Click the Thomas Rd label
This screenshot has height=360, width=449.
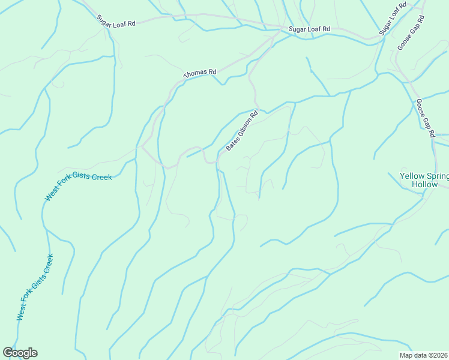(199, 73)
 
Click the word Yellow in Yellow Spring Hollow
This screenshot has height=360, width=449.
(414, 176)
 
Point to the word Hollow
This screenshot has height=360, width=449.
(425, 185)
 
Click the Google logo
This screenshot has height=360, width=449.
(20, 353)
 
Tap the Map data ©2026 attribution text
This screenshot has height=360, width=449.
(424, 355)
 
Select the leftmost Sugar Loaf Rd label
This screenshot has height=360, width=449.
(116, 20)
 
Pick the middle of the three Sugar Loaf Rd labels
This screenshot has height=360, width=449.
(309, 29)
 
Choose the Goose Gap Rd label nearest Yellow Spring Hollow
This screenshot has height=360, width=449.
(424, 118)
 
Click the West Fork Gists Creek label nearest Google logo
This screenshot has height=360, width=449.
(35, 287)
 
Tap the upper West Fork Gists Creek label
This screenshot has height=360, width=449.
(78, 187)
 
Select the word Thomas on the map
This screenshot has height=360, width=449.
(195, 73)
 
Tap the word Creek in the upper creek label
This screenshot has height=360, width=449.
(100, 178)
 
